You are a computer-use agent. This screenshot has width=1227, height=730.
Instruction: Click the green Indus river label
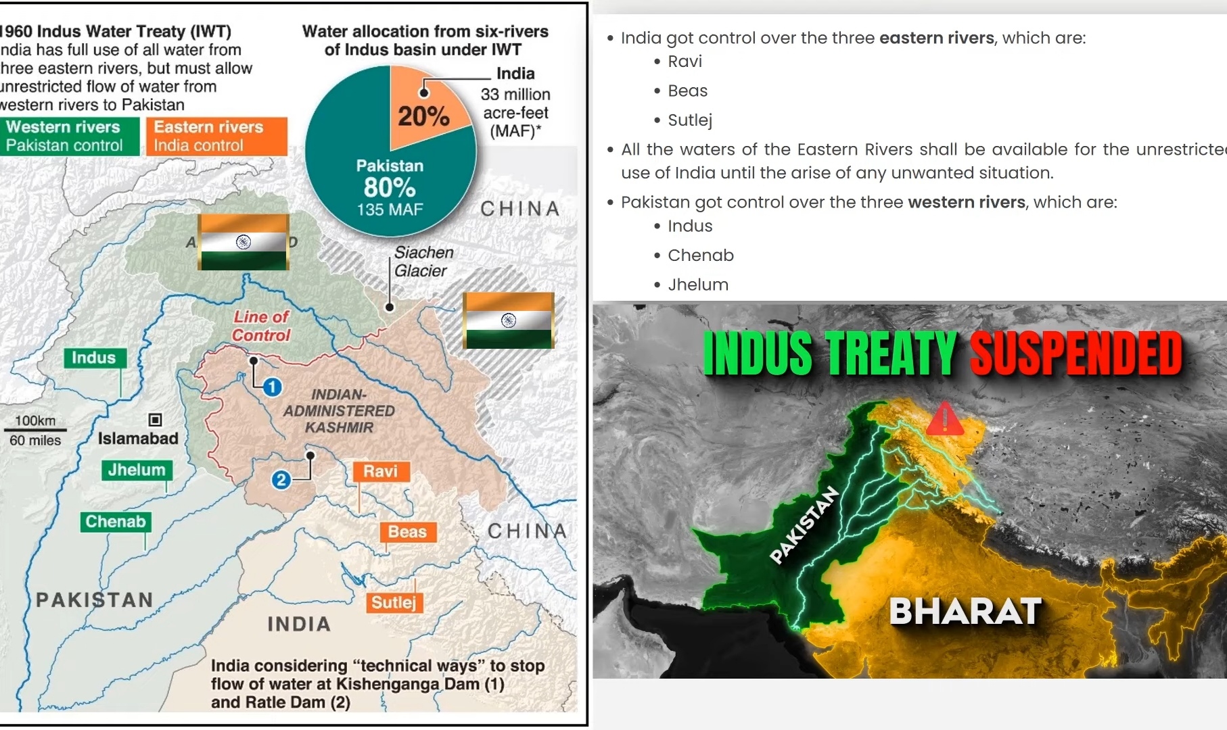(94, 358)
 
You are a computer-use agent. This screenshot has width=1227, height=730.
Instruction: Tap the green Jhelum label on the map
(137, 470)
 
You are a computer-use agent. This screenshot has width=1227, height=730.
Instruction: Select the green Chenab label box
(116, 521)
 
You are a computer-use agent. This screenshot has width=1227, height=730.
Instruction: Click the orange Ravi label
(381, 471)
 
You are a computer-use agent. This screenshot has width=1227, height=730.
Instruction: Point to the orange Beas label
(407, 531)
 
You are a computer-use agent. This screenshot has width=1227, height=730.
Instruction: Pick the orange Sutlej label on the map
(394, 602)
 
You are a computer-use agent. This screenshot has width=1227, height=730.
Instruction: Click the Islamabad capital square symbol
(155, 420)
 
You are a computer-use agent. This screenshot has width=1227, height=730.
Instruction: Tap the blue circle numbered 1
(272, 387)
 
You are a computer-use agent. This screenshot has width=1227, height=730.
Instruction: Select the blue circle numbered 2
(281, 480)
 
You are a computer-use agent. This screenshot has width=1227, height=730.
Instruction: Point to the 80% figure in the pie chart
(390, 187)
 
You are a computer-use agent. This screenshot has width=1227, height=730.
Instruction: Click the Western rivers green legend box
(69, 136)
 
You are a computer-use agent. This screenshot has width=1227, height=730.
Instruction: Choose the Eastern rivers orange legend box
(216, 136)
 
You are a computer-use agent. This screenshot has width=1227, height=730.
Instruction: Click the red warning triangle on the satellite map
(944, 419)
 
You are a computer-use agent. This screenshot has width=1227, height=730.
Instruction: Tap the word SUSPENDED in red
(1076, 353)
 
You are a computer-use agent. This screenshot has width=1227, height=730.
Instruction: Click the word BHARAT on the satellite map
(965, 612)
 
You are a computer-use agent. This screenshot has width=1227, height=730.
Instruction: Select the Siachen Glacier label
(423, 261)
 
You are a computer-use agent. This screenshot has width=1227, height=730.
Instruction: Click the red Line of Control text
(261, 326)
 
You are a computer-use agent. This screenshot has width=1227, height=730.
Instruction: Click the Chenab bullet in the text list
(701, 255)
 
